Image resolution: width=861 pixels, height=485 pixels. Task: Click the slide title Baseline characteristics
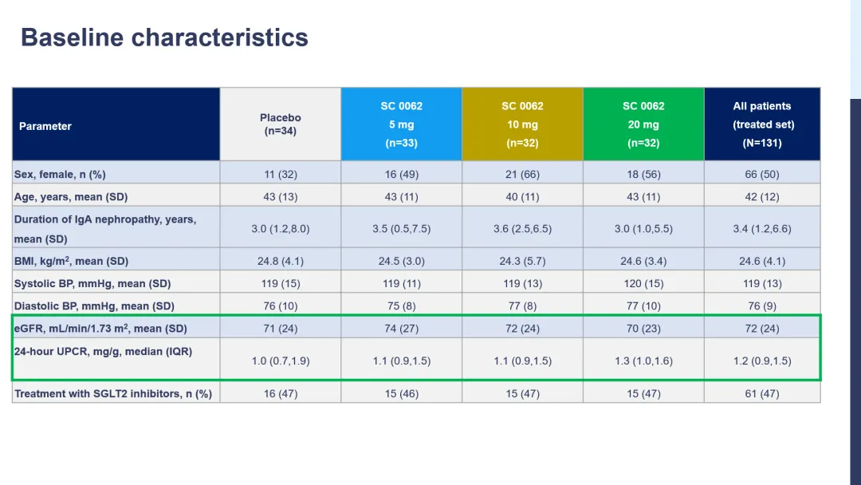pyautogui.click(x=164, y=37)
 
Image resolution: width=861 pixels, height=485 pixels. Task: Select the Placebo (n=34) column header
pyautogui.click(x=281, y=124)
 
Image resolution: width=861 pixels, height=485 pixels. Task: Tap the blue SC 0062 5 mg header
pyautogui.click(x=401, y=124)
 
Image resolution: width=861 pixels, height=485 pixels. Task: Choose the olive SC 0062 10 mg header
pyautogui.click(x=522, y=124)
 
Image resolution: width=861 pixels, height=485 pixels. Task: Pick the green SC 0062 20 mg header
pyautogui.click(x=643, y=124)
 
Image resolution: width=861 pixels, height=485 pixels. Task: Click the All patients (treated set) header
pyautogui.click(x=762, y=124)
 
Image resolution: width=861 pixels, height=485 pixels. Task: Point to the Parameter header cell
pyautogui.click(x=45, y=126)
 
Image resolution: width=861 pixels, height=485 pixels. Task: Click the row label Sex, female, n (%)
pyautogui.click(x=60, y=174)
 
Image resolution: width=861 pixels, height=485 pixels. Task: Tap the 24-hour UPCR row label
pyautogui.click(x=103, y=351)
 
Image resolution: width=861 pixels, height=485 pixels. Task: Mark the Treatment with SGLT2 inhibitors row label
pyautogui.click(x=113, y=393)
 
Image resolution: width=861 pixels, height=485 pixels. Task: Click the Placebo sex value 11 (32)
pyautogui.click(x=281, y=174)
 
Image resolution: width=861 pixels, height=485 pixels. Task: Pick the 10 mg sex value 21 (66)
pyautogui.click(x=522, y=174)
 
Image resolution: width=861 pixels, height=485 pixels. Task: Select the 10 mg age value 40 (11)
pyautogui.click(x=522, y=196)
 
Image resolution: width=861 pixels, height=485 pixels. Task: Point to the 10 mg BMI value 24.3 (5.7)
pyautogui.click(x=522, y=261)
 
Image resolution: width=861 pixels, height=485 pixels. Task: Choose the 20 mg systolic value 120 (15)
pyautogui.click(x=643, y=283)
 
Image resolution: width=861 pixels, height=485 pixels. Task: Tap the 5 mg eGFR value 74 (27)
pyautogui.click(x=401, y=329)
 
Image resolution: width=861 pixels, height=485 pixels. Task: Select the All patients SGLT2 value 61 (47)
pyautogui.click(x=762, y=393)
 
